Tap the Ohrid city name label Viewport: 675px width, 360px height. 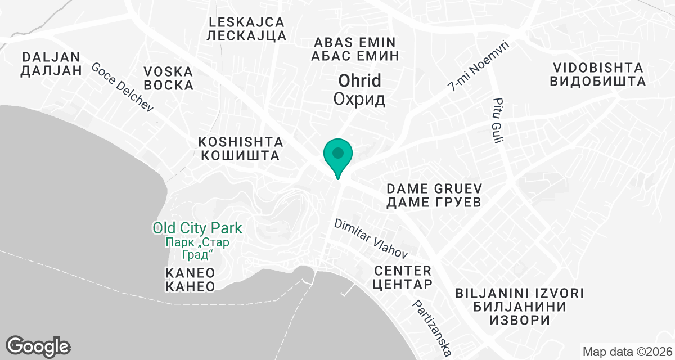pyautogui.click(x=359, y=89)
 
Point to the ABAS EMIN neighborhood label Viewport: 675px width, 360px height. pyautogui.click(x=355, y=49)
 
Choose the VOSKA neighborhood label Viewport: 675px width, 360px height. pyautogui.click(x=169, y=79)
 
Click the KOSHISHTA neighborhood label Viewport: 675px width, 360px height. pyautogui.click(x=239, y=148)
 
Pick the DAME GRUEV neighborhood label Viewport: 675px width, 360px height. pyautogui.click(x=434, y=195)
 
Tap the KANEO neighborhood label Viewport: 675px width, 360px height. pyautogui.click(x=191, y=280)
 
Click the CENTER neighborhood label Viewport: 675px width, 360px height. pyautogui.click(x=402, y=277)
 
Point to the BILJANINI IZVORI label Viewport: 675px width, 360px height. pyautogui.click(x=519, y=307)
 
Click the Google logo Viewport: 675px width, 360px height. pyautogui.click(x=38, y=345)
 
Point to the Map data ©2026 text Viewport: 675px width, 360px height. pyautogui.click(x=627, y=352)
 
